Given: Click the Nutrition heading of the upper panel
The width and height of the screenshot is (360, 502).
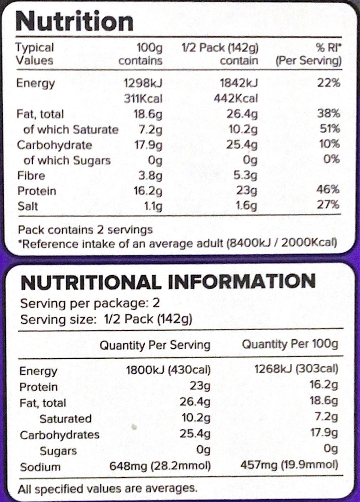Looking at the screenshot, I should click(x=74, y=21).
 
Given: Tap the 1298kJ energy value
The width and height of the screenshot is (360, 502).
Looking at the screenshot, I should click(x=143, y=83).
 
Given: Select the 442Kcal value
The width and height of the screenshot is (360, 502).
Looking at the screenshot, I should click(x=236, y=98).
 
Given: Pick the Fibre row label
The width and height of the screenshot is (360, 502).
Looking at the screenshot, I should click(x=31, y=176).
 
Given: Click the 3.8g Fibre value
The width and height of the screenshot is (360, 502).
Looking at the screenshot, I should click(x=150, y=176).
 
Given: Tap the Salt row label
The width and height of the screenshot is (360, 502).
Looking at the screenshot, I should click(x=28, y=206).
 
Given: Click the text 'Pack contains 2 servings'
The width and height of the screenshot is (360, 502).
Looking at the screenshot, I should click(x=85, y=230).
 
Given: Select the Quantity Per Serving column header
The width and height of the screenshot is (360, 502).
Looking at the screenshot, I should click(x=155, y=345).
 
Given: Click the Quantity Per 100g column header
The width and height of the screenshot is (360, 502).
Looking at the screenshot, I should click(x=290, y=344).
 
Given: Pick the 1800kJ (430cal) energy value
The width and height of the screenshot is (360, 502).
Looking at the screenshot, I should click(x=168, y=370).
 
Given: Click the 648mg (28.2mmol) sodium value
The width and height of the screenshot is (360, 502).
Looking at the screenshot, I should click(x=160, y=466).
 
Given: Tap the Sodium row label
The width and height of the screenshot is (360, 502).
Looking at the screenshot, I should click(x=40, y=467).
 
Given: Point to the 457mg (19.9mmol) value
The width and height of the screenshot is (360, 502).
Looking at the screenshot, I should click(x=289, y=465).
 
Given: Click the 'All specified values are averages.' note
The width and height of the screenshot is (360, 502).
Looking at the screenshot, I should click(x=107, y=488).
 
